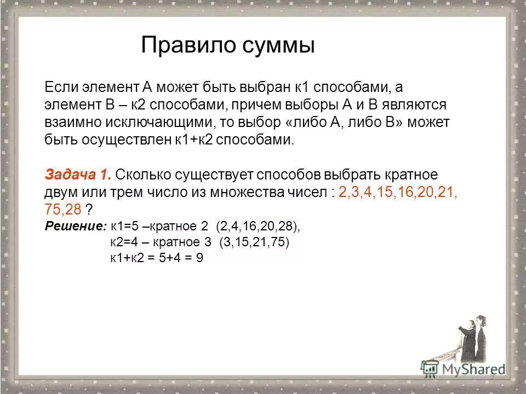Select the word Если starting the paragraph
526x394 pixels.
tap(61, 86)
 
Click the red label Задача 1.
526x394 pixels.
tap(78, 175)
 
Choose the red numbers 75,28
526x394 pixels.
tap(63, 210)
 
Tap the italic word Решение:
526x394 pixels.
tap(75, 226)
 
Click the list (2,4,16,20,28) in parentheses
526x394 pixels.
tap(258, 226)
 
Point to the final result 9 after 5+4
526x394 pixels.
tap(199, 259)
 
